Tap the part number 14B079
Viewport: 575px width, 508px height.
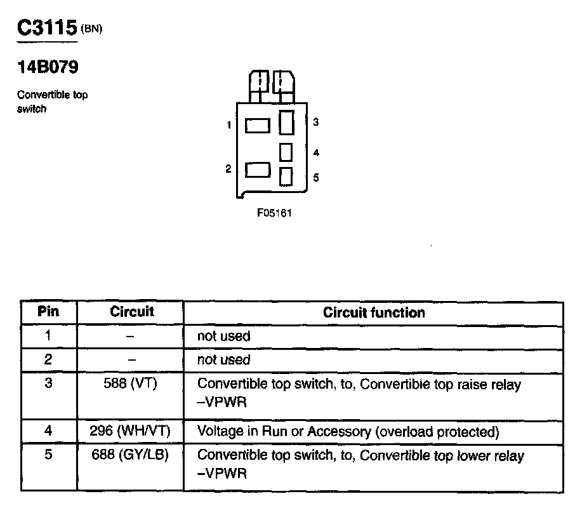pos(48,67)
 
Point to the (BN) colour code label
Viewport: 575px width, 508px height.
pos(91,29)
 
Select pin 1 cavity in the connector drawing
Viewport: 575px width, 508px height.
pos(258,125)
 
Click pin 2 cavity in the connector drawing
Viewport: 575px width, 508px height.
pos(258,170)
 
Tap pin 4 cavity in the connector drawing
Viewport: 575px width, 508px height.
pos(286,152)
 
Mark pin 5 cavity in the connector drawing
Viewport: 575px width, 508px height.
pos(286,175)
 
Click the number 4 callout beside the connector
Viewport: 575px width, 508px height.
pos(315,153)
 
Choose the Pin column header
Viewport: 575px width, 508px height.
pos(48,312)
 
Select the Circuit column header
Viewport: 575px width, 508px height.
pos(132,312)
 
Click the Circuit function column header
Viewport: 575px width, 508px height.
pos(374,312)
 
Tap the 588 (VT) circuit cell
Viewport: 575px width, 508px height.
pos(131,384)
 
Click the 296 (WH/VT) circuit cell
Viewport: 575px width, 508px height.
pos(131,432)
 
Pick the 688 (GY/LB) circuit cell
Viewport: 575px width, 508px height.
pos(131,455)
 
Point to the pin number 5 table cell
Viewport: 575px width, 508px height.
pos(48,455)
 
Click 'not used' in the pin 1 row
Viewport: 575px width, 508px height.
pos(223,337)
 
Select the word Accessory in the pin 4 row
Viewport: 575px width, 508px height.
pos(339,432)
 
